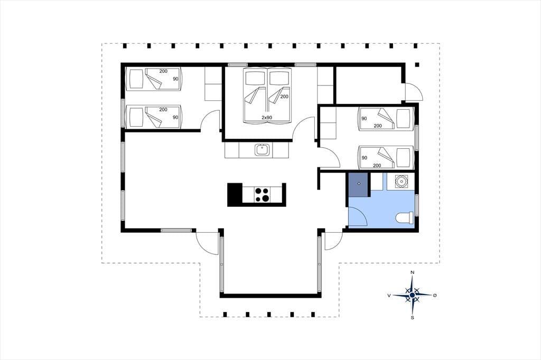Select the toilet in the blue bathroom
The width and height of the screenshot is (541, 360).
[405, 218]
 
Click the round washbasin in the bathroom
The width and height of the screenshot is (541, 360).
[400, 182]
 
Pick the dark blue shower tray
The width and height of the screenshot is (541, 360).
[359, 184]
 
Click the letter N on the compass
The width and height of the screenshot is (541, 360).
[412, 272]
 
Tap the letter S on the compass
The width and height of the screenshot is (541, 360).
[412, 318]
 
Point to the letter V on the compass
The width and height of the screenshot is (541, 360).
[389, 296]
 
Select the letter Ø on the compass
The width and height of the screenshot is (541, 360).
[435, 296]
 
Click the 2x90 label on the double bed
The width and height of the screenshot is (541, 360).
[267, 118]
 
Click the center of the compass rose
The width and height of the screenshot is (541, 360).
[412, 296]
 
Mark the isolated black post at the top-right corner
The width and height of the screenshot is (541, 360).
[417, 64]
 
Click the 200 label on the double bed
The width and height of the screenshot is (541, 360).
[284, 97]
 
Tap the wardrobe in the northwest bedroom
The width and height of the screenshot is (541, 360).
[213, 84]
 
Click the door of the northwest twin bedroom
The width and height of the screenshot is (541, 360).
[210, 120]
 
